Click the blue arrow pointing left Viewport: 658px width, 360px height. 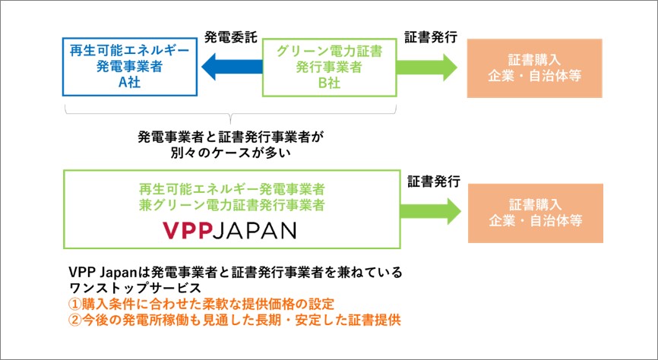pos(232,67)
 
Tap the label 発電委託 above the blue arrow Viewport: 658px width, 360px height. pos(230,37)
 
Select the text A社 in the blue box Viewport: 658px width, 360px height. pos(129,82)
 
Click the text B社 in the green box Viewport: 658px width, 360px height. pos(329,83)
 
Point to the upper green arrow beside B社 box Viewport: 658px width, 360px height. pos(427,67)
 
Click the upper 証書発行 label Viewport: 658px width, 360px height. pos(431,37)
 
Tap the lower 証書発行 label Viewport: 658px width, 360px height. pos(434,182)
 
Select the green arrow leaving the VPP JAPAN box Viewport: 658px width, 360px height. pos(431,211)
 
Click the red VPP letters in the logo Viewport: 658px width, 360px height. pos(187,230)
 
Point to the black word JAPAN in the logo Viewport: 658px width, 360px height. pos(255,230)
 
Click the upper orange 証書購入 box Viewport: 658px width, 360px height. pos(535,68)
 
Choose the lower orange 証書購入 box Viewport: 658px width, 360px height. pos(536,213)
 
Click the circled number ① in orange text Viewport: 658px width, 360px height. pos(74,304)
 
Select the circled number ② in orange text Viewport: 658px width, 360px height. pos(74,321)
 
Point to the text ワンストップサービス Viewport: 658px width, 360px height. pos(134,288)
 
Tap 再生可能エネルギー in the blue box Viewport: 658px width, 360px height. pos(130,51)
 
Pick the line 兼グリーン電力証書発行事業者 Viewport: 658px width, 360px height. pos(232,205)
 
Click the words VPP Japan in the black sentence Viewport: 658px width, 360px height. pos(103,273)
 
